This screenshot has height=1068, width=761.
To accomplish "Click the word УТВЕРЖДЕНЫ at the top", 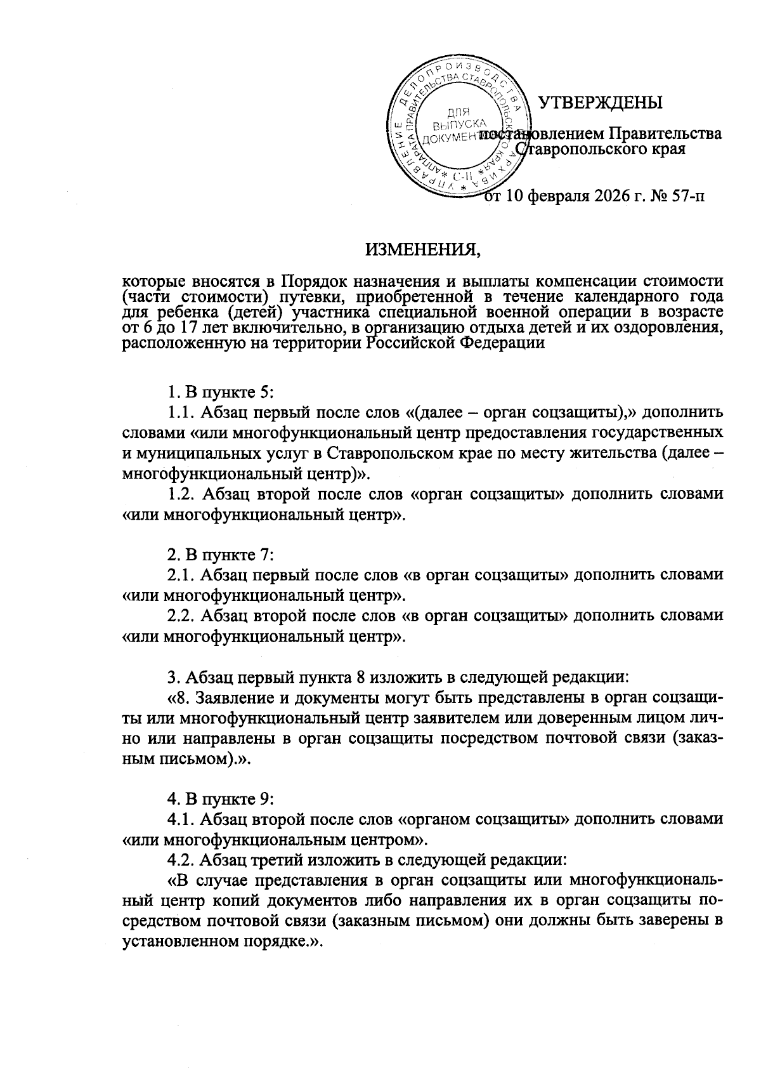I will pos(599,103).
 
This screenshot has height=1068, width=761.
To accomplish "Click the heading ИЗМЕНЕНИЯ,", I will pos(422,249).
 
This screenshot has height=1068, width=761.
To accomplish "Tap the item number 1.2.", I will pos(181,493).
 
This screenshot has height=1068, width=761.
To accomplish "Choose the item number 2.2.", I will pos(181,615).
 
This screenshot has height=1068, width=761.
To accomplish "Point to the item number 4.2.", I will pos(181,860).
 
